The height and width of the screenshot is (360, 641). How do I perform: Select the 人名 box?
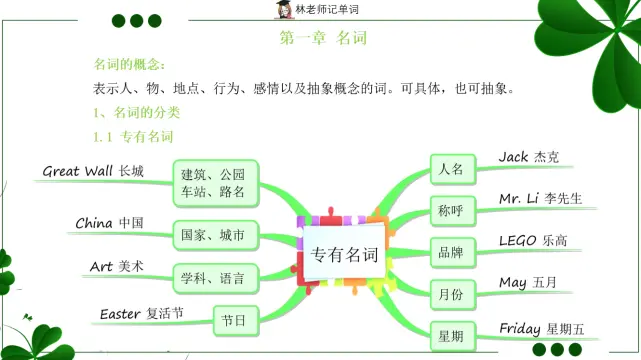click(x=451, y=170)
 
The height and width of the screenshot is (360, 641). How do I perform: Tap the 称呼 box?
click(x=451, y=211)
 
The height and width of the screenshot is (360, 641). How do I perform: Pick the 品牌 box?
click(x=451, y=253)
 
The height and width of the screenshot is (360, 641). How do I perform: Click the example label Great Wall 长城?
click(x=93, y=171)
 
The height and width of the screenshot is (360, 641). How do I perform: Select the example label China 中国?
click(x=110, y=223)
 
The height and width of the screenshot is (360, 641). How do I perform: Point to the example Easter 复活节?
click(x=141, y=314)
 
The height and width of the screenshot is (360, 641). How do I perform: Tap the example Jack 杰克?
click(x=529, y=157)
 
